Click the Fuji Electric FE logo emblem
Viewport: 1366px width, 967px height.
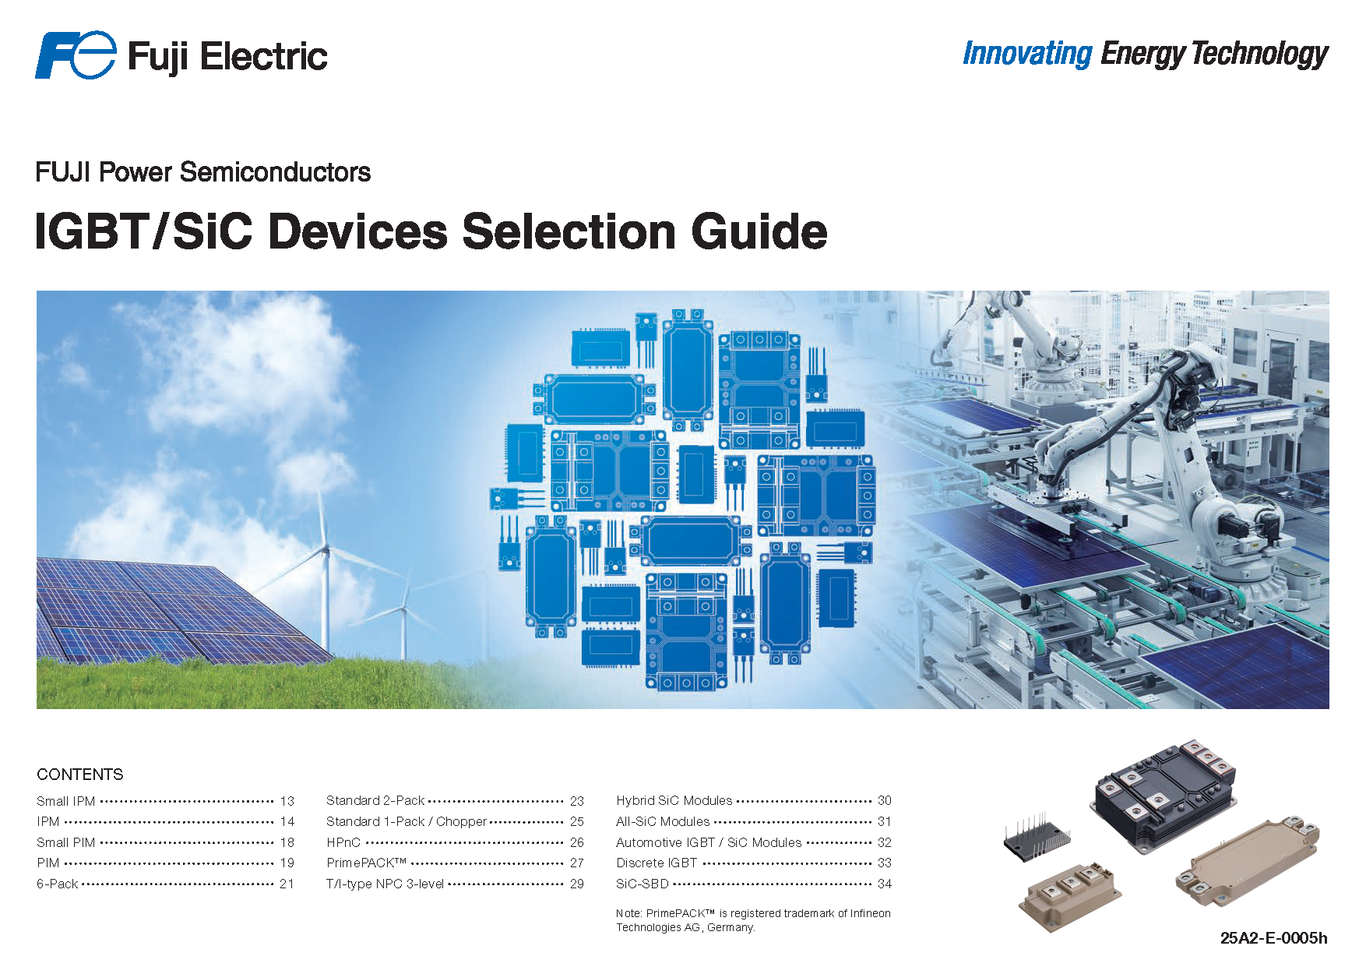click(76, 55)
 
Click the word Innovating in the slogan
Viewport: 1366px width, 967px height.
click(1027, 54)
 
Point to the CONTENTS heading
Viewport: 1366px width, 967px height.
click(80, 774)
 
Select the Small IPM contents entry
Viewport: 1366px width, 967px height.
click(66, 801)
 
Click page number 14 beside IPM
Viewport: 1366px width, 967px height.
click(287, 821)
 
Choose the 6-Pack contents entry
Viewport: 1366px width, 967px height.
click(58, 884)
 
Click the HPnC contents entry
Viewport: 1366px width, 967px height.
click(343, 842)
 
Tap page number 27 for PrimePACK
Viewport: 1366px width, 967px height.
click(576, 863)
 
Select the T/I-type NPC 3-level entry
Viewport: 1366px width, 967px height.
click(385, 884)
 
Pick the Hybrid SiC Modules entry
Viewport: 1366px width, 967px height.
click(674, 800)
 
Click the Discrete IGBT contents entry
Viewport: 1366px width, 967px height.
click(657, 863)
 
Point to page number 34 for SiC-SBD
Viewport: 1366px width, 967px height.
click(884, 884)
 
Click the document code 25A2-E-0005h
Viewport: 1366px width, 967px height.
click(1273, 937)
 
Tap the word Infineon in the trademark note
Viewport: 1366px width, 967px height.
click(870, 913)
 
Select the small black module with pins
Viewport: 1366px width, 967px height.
click(1036, 840)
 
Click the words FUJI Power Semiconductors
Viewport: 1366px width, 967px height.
click(203, 172)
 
